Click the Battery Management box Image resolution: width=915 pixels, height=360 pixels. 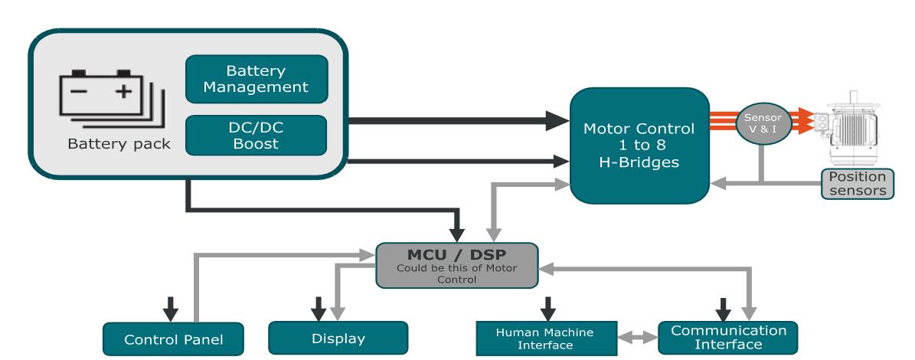click(257, 80)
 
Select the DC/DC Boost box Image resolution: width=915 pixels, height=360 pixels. click(257, 136)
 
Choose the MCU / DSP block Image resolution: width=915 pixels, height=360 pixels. click(456, 265)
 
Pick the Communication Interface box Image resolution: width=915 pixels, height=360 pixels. click(728, 337)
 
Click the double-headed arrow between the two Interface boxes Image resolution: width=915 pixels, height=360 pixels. click(635, 335)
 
